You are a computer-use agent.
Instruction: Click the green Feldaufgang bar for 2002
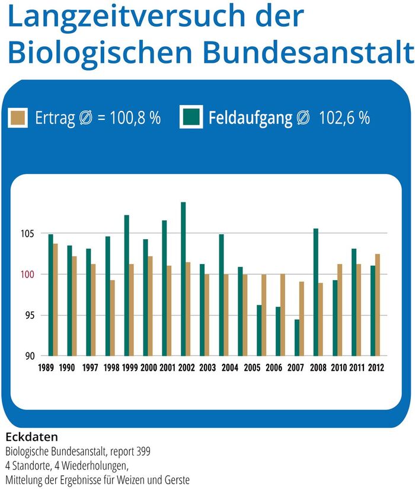point(183,279)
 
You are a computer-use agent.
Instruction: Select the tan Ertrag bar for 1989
point(55,300)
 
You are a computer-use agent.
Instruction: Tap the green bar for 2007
point(297,337)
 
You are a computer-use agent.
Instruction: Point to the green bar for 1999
point(126,285)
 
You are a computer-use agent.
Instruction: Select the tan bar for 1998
point(112,317)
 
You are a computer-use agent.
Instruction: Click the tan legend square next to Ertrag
point(18,117)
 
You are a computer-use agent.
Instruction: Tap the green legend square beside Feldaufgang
point(191,117)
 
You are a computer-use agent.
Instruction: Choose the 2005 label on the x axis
point(253,368)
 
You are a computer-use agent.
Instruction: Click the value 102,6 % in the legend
point(344,117)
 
